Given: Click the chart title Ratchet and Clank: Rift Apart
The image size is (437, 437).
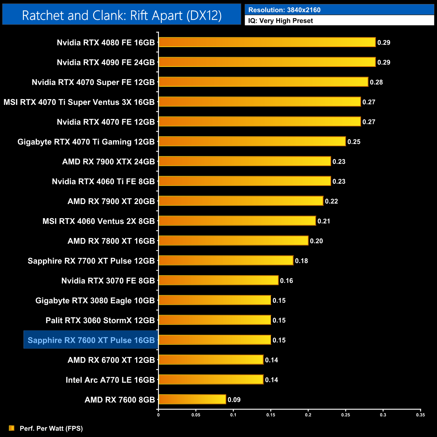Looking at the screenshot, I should click(122, 15).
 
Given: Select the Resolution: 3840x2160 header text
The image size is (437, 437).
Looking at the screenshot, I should click(284, 10).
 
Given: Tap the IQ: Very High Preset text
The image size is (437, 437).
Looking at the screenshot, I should click(280, 21).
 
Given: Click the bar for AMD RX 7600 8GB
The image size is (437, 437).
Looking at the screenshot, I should click(192, 399).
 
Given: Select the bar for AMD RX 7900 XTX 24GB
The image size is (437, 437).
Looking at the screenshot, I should click(245, 161).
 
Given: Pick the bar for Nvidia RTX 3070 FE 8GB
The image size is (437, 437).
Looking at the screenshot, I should click(218, 280).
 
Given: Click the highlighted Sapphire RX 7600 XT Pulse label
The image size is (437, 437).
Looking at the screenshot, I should click(91, 340).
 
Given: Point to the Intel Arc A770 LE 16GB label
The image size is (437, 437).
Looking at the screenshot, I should click(110, 380).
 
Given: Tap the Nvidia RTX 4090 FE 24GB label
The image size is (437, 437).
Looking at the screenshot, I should click(106, 63).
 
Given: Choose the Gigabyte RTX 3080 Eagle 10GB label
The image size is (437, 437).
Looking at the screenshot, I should click(95, 301).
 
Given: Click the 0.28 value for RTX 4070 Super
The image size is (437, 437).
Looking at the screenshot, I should click(376, 82).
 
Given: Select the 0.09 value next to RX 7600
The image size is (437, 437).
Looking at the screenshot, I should click(234, 400).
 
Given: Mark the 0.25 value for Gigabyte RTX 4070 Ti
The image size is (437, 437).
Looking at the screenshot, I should click(354, 142).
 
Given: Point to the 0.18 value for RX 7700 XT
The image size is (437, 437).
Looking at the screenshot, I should click(301, 261).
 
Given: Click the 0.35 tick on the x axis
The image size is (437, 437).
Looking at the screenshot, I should click(421, 415).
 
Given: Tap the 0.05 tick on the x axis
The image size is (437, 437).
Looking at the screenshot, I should click(196, 415).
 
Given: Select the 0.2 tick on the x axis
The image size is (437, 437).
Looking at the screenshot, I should click(308, 415).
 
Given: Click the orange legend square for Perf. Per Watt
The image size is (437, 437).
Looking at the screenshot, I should click(12, 428).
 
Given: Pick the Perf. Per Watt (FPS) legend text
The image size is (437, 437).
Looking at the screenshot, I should click(51, 428).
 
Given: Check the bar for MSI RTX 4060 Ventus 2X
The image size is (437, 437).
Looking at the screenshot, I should click(237, 221).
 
